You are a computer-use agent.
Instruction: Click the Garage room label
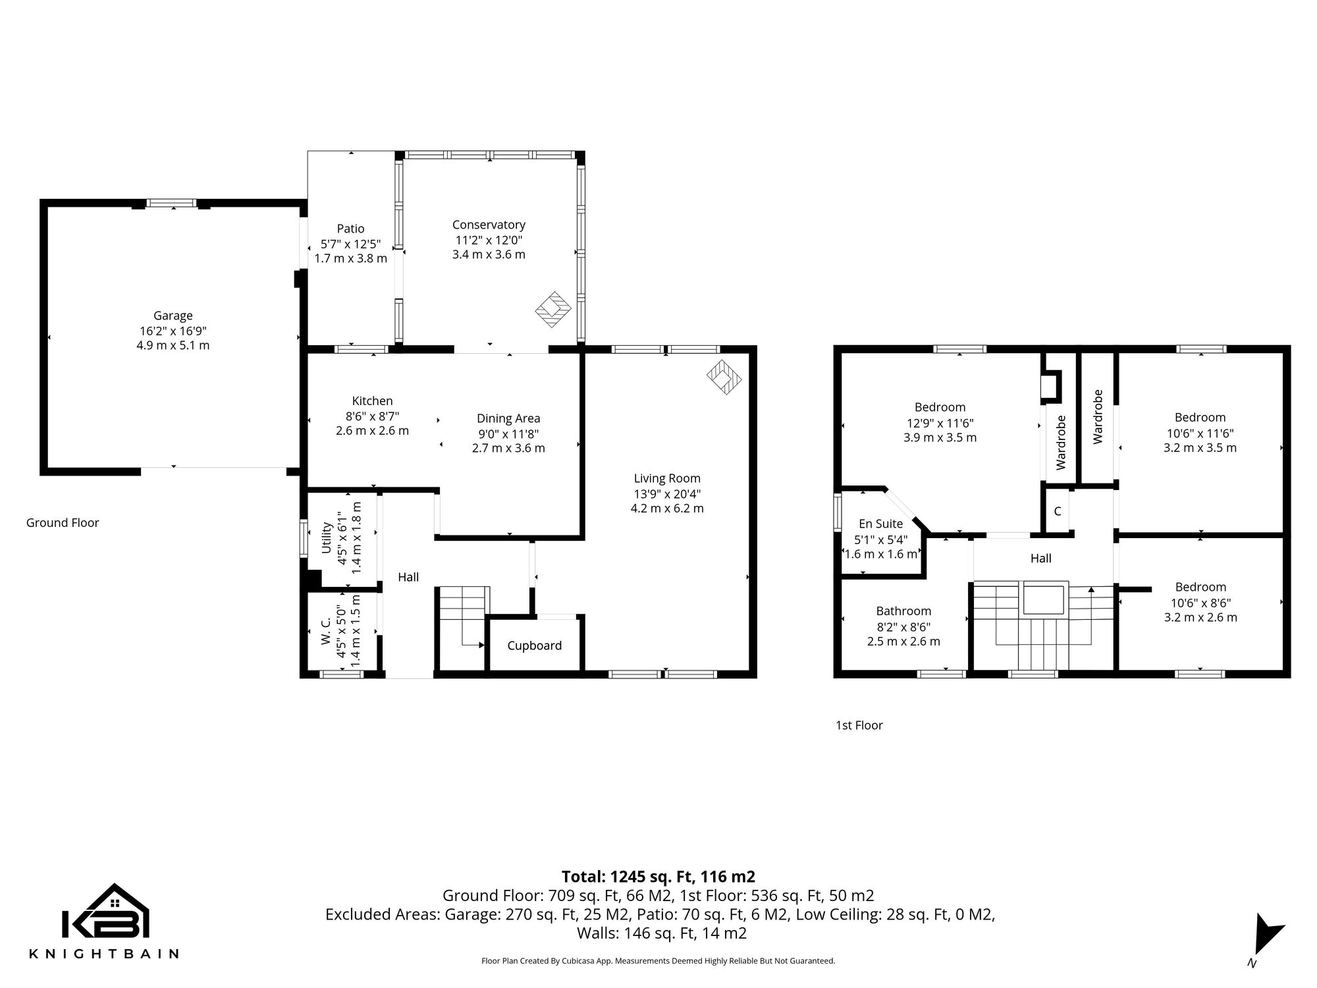click(x=173, y=316)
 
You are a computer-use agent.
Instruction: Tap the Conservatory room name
click(x=489, y=225)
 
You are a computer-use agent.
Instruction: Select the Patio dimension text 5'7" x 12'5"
click(x=350, y=244)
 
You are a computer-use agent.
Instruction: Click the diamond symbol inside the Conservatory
click(x=553, y=310)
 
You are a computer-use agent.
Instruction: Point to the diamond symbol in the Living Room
click(x=724, y=377)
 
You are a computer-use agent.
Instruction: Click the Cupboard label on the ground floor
click(x=534, y=645)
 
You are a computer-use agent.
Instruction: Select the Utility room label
click(x=326, y=538)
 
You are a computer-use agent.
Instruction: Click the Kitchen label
click(x=372, y=400)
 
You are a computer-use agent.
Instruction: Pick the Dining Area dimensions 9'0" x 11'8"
click(x=508, y=433)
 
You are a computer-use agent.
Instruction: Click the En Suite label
click(x=880, y=524)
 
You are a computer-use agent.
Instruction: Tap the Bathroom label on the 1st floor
click(x=903, y=611)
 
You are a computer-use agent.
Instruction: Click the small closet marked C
click(x=1058, y=511)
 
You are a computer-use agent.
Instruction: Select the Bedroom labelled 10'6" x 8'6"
click(x=1200, y=587)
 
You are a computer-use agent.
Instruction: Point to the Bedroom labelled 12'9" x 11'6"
click(x=940, y=407)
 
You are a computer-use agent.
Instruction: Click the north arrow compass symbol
click(x=1267, y=935)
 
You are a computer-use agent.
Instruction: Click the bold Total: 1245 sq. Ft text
click(x=658, y=877)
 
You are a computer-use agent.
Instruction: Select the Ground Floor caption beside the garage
click(x=63, y=522)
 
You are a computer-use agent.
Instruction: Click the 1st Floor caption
click(x=859, y=725)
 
